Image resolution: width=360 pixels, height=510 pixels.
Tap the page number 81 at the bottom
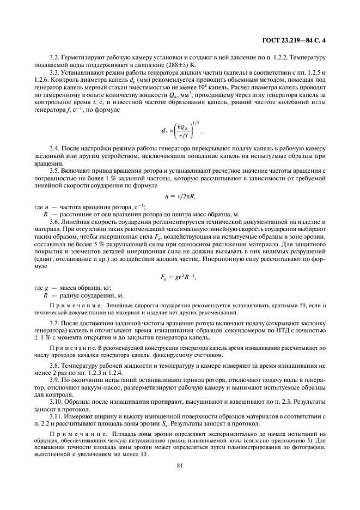click(180, 465)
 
